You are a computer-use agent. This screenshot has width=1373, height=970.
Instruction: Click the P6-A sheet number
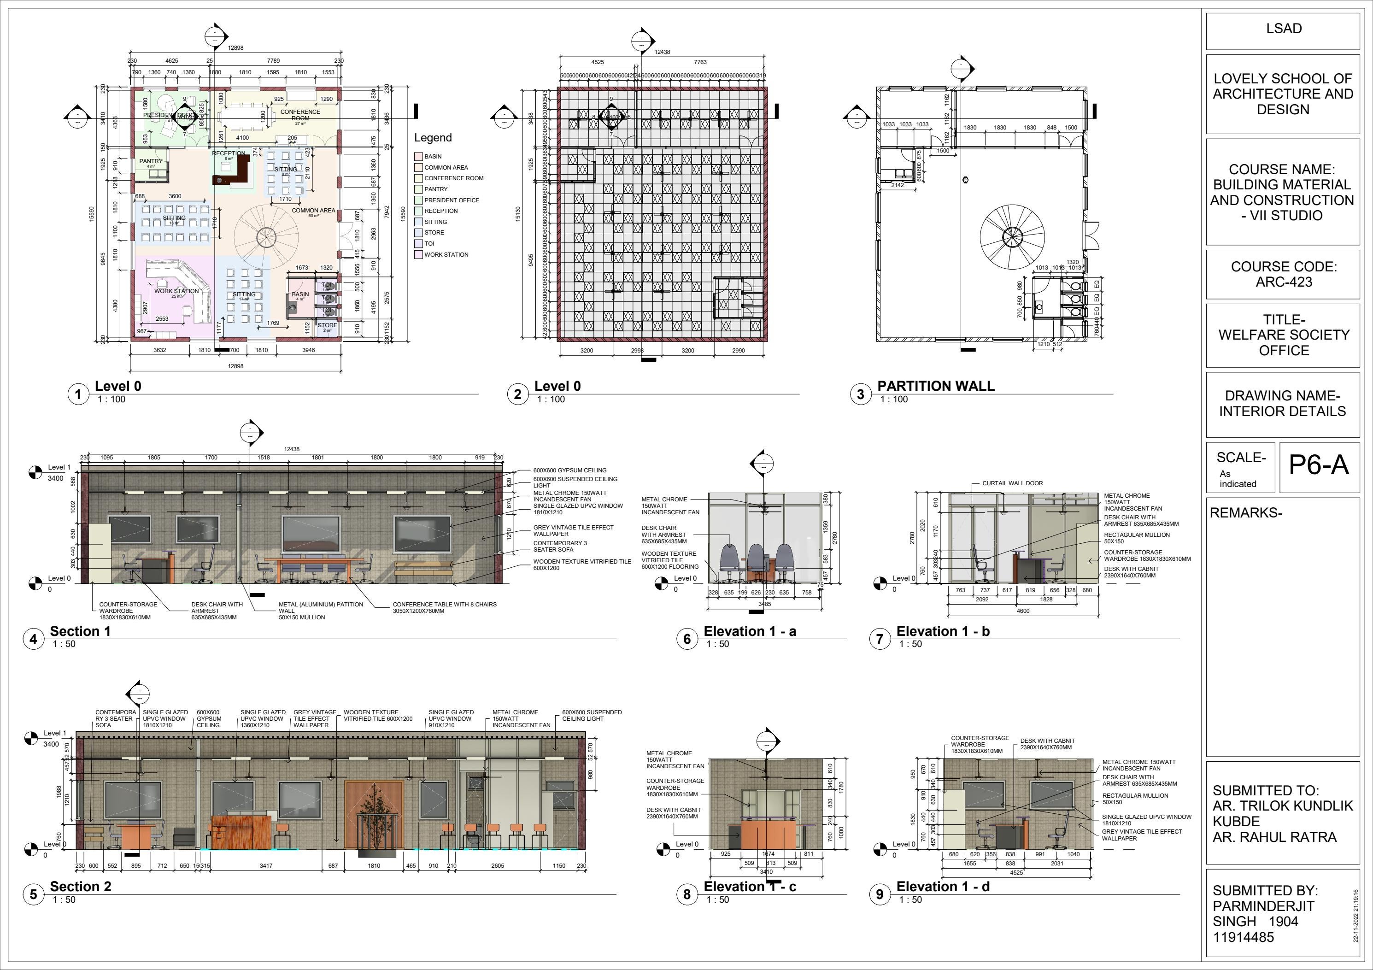tap(1318, 464)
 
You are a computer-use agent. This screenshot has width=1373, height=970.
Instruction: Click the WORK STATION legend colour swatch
tap(419, 255)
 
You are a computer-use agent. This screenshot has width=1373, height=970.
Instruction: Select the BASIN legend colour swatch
tap(419, 157)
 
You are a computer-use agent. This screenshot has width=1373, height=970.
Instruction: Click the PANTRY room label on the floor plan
tap(151, 161)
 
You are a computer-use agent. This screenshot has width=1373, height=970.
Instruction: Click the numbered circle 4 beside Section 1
tap(34, 639)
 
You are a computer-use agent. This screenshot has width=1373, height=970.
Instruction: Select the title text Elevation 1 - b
tap(943, 631)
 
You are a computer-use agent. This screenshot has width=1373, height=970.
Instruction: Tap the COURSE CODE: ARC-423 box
tap(1283, 275)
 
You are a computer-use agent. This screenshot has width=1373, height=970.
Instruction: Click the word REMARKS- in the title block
tap(1246, 513)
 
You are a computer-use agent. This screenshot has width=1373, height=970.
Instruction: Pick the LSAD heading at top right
tap(1283, 29)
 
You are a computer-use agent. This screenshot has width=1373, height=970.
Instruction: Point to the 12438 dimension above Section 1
tap(292, 449)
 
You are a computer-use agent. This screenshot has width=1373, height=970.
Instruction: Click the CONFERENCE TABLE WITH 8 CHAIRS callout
tap(444, 608)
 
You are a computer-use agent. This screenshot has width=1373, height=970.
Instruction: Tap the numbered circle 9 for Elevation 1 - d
tap(879, 894)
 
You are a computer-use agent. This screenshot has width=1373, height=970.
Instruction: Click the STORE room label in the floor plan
tap(327, 325)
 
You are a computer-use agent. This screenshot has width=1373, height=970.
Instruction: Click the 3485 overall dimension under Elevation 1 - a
tap(764, 604)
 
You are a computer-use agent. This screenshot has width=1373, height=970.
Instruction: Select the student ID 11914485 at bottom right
tap(1243, 937)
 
